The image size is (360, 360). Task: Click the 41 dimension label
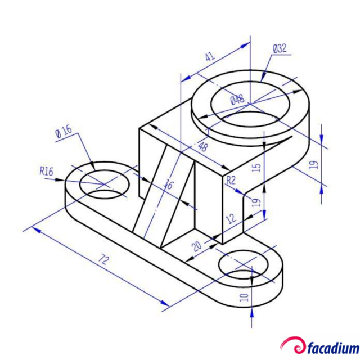click(x=210, y=57)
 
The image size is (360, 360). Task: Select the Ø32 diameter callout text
click(x=280, y=49)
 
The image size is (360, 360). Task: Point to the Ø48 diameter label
click(x=237, y=100)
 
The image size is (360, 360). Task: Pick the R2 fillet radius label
click(x=230, y=179)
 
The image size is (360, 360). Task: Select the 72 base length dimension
click(x=103, y=259)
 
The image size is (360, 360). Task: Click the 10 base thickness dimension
click(x=244, y=297)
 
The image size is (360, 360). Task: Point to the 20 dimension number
click(x=196, y=245)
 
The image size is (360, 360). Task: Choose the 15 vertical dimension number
click(x=256, y=168)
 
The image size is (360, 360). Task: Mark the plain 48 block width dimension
click(x=201, y=147)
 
